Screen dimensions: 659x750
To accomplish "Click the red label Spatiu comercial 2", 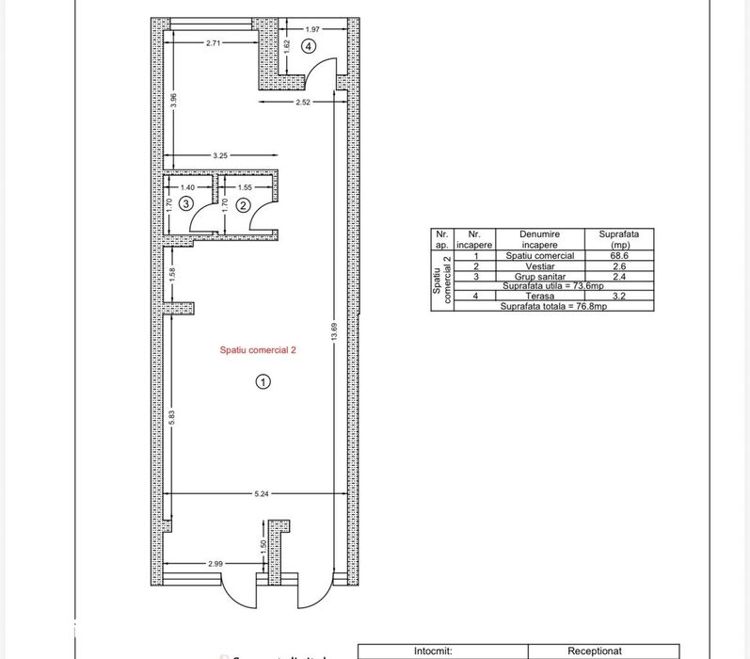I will (257, 348).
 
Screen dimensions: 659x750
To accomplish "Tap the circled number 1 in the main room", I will (263, 381).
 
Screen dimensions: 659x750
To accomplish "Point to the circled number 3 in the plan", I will (187, 203).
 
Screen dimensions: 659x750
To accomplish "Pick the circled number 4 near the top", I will (308, 45).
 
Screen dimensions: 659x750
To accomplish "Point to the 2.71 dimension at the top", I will (215, 43).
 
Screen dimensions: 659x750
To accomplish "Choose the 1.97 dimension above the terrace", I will (313, 29).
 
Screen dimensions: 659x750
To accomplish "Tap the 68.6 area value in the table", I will (618, 255).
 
